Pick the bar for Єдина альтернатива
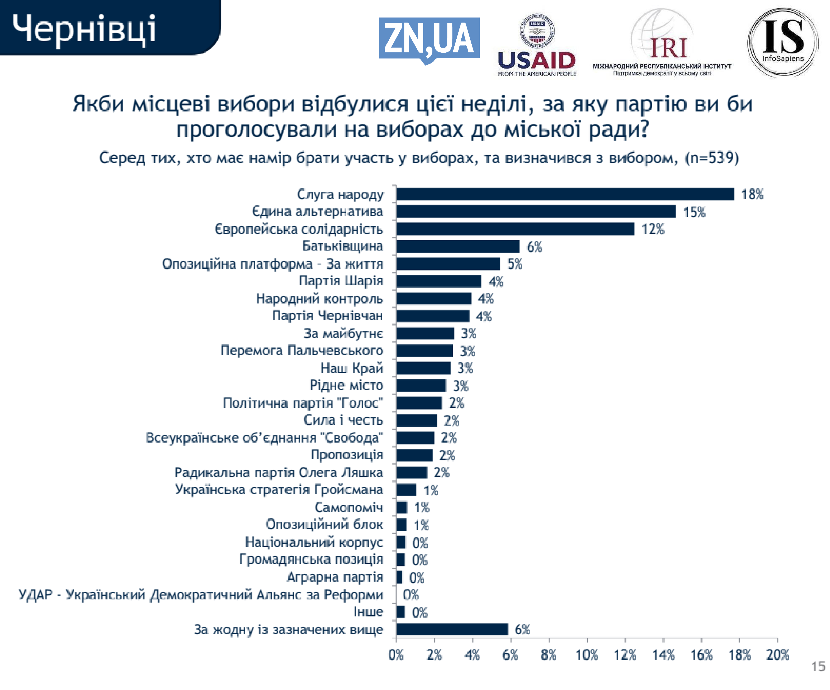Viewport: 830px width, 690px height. [x=536, y=212]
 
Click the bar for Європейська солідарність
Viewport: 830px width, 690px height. [x=515, y=229]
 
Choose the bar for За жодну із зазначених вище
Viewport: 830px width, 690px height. [x=452, y=629]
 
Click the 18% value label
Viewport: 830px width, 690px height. [x=752, y=194]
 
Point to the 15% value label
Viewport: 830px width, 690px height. [x=694, y=212]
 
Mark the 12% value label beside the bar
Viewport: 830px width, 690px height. [x=653, y=229]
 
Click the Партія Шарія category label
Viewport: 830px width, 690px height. [x=341, y=281]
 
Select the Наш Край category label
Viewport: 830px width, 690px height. [x=352, y=368]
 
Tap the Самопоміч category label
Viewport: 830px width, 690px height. [x=349, y=507]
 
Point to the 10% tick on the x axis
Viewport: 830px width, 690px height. [x=587, y=655]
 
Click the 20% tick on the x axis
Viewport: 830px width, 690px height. [x=777, y=655]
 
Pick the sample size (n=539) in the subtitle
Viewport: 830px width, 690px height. [x=711, y=158]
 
